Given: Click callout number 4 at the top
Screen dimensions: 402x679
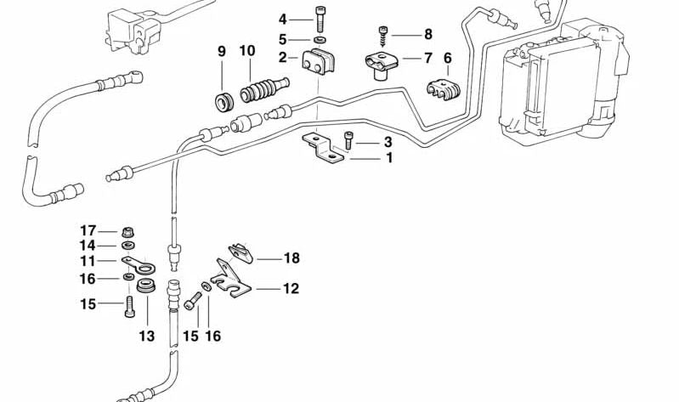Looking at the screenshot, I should pos(283,18).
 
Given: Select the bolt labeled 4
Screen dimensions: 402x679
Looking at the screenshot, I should pos(320,18).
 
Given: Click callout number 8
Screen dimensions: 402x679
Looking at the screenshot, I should pos(427,35).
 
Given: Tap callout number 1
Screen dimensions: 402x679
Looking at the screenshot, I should pos(388,158).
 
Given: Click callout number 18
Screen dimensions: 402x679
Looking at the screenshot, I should pos(291,258).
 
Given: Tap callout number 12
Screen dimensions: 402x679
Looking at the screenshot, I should pos(291,289).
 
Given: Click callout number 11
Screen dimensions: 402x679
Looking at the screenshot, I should pos(88,261).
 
